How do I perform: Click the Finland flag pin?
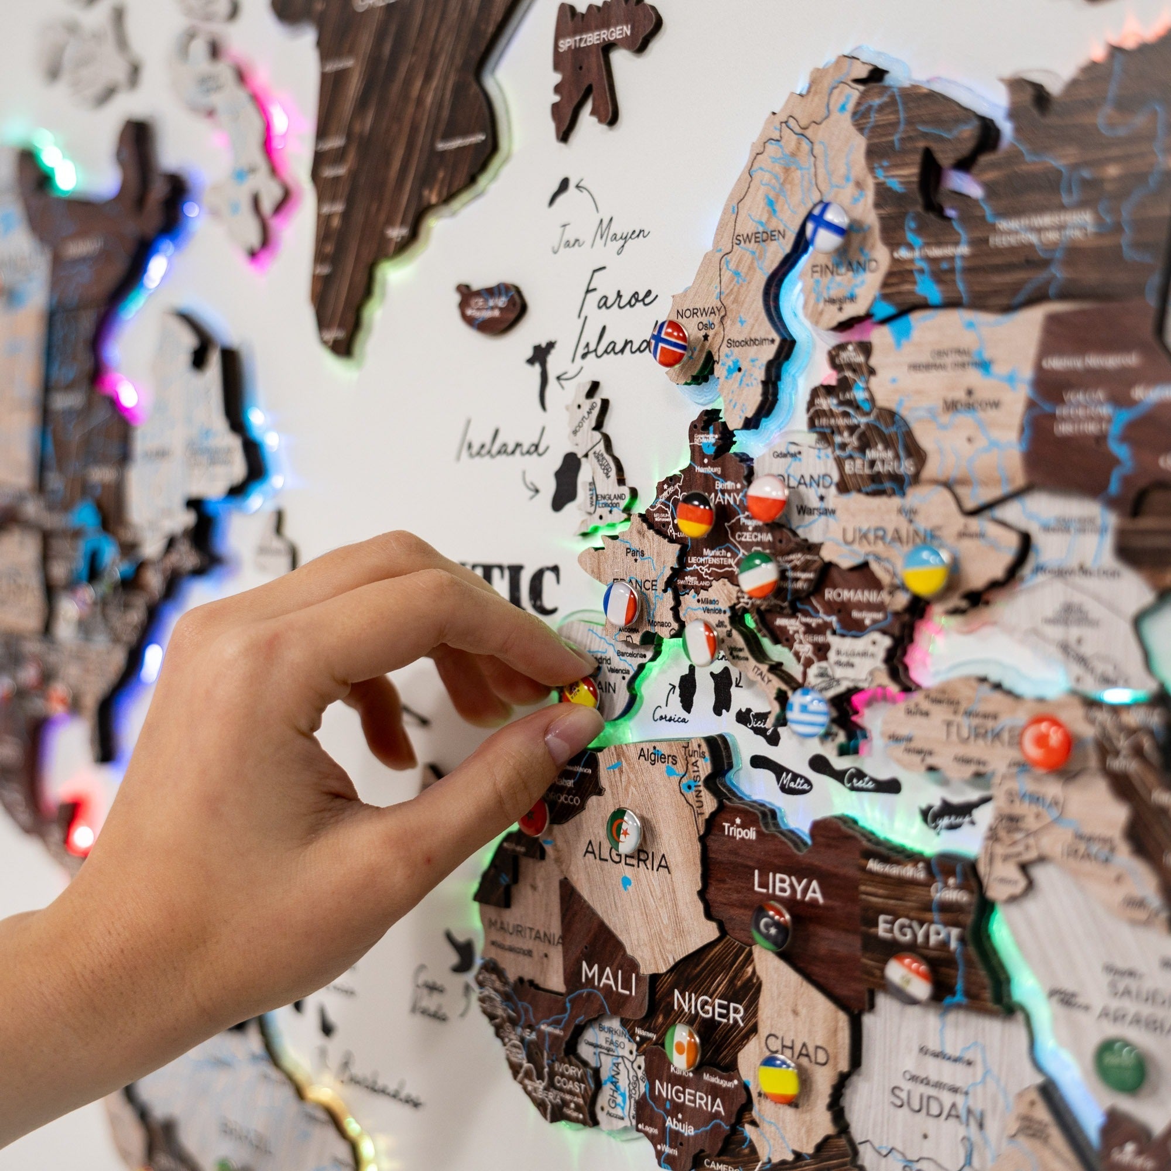tap(827, 226)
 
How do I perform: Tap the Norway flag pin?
tap(669, 343)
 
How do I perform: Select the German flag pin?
tap(694, 514)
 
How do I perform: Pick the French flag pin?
tap(621, 602)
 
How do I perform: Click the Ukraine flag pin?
tap(925, 570)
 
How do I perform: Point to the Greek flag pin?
tap(808, 712)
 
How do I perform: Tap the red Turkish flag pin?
tap(1046, 742)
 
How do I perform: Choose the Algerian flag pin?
tap(624, 831)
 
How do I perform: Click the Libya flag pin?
tap(771, 926)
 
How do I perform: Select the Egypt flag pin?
tap(908, 978)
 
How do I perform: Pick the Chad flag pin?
tap(778, 1080)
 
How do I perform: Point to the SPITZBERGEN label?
tap(595, 39)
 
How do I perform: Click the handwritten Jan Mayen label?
tap(600, 235)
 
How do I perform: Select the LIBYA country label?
tap(789, 889)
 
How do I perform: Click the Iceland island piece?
tap(492, 307)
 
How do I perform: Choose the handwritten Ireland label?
tap(502, 444)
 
